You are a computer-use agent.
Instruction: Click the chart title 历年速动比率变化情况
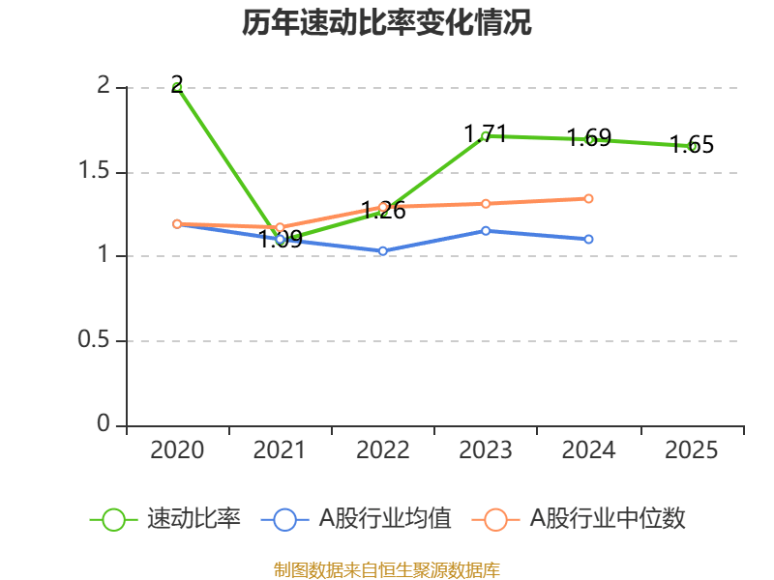point(387,23)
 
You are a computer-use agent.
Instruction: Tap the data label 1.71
point(486,133)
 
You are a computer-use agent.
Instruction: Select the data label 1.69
point(588,137)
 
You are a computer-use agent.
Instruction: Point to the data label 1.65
point(692,145)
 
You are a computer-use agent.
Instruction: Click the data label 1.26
point(383,210)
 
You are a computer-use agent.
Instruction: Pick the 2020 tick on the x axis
point(177,449)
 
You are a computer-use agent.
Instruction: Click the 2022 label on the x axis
point(383,449)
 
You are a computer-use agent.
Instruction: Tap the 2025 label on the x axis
point(692,449)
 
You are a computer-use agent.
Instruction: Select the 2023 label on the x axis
point(486,449)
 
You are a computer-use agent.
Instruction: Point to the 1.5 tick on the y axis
point(97,172)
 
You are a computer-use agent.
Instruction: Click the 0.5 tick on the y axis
point(97,341)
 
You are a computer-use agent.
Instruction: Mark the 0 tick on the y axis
point(104,425)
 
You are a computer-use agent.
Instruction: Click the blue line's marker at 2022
point(383,250)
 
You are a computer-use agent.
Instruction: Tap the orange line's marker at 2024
point(588,198)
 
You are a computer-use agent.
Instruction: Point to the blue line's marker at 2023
point(486,230)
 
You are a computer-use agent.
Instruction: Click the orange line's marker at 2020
point(177,223)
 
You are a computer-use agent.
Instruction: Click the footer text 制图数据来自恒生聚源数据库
point(387,569)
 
